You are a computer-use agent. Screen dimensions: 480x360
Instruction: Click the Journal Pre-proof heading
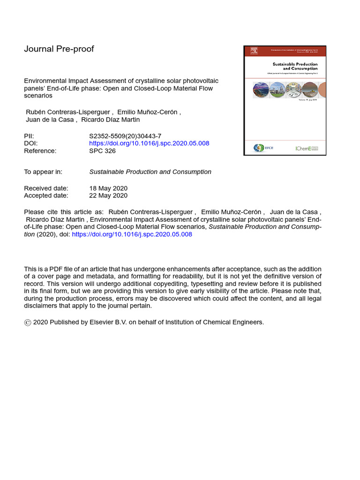pyautogui.click(x=59, y=49)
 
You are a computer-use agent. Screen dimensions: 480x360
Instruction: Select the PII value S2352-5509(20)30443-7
pyautogui.click(x=125, y=136)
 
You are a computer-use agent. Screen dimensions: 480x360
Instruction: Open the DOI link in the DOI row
pyautogui.click(x=149, y=143)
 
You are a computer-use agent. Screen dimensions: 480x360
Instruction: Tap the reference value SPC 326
pyautogui.click(x=102, y=151)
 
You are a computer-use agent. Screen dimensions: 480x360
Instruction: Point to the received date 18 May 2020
pyautogui.click(x=108, y=188)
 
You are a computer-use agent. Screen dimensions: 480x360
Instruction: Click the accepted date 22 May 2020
pyautogui.click(x=108, y=195)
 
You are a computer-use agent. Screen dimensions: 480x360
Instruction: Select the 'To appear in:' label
pyautogui.click(x=43, y=172)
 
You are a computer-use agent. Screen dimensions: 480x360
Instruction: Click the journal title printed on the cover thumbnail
pyautogui.click(x=295, y=66)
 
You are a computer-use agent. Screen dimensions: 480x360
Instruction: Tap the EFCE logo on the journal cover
pyautogui.click(x=259, y=148)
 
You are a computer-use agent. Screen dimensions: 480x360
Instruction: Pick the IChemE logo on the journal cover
pyautogui.click(x=307, y=148)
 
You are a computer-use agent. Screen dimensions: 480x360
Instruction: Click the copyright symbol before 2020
pyautogui.click(x=28, y=322)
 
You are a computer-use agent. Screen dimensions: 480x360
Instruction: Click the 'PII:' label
pyautogui.click(x=29, y=136)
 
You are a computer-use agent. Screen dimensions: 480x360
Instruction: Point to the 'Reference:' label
pyautogui.click(x=40, y=151)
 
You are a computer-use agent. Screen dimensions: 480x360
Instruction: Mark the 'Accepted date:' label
pyautogui.click(x=46, y=195)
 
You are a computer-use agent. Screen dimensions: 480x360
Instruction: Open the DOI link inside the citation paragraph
pyautogui.click(x=132, y=234)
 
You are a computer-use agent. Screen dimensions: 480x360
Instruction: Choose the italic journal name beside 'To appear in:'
pyautogui.click(x=150, y=172)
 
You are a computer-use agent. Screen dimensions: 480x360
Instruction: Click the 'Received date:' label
pyautogui.click(x=46, y=188)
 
